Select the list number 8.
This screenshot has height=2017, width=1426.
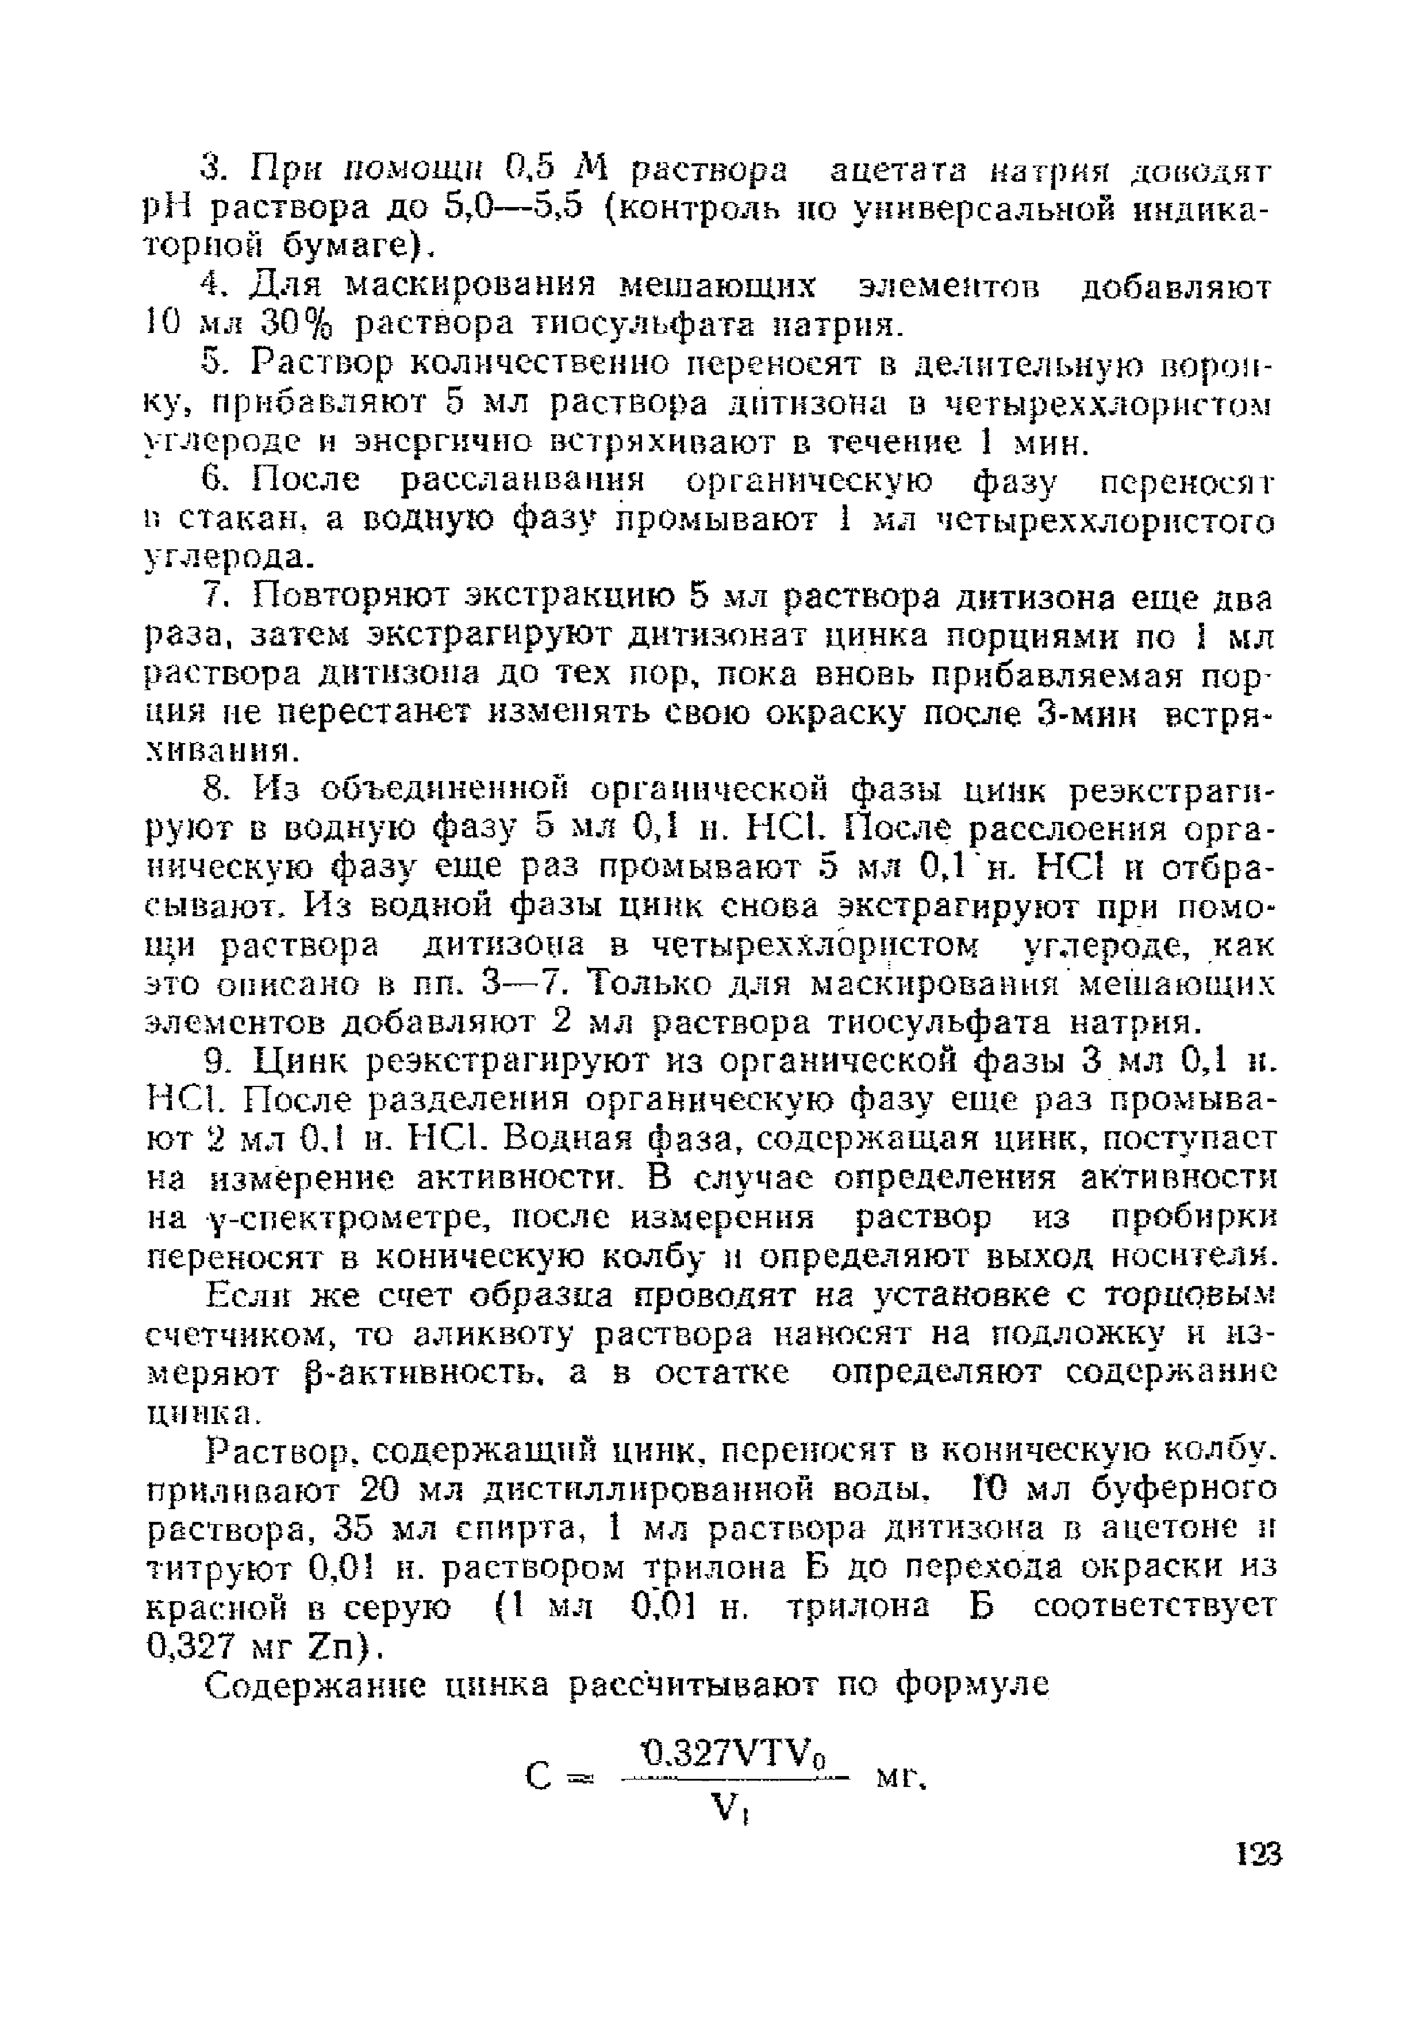[214, 790]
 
